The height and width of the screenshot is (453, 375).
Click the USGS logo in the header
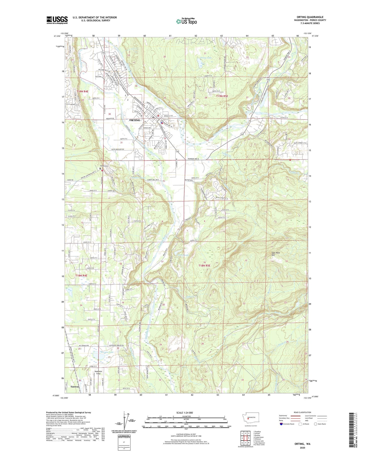57,20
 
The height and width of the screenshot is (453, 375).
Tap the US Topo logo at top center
186,21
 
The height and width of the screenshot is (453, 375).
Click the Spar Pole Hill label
276,254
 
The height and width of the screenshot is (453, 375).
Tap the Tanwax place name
75,387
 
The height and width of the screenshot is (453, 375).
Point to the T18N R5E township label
204,266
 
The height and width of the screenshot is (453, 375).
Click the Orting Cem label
104,166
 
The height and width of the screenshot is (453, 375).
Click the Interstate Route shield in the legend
281,424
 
